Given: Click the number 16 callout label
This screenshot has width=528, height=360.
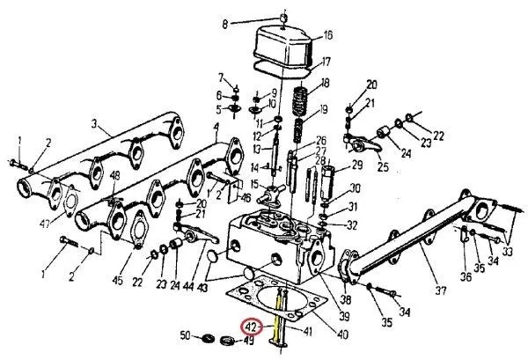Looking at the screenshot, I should point(304,36).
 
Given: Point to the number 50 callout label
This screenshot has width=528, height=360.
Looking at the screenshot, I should point(186,337).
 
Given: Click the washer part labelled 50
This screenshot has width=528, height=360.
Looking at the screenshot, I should point(209,338).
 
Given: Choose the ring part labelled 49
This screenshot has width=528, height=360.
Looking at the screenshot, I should point(228,341).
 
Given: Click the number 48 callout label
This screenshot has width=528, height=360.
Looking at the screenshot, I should point(114,176).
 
